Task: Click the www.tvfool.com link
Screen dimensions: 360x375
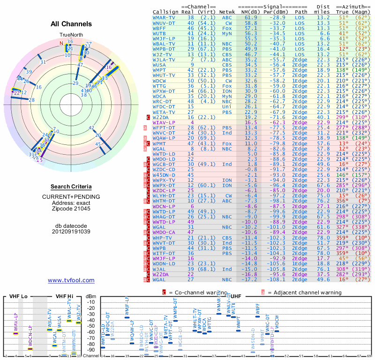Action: [x=71, y=280]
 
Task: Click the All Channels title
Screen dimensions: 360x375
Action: [x=71, y=23]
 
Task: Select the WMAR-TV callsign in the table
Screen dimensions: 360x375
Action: [x=165, y=17]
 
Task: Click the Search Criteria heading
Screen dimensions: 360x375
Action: [x=71, y=187]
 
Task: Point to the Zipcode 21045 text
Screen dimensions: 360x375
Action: [x=71, y=209]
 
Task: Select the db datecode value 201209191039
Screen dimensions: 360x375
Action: [x=71, y=231]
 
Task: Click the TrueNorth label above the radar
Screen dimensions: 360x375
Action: [x=71, y=35]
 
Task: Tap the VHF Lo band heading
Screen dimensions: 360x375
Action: [x=18, y=296]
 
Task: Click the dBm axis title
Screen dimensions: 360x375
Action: [x=90, y=296]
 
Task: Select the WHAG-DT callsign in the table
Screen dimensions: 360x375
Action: [x=164, y=217]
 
